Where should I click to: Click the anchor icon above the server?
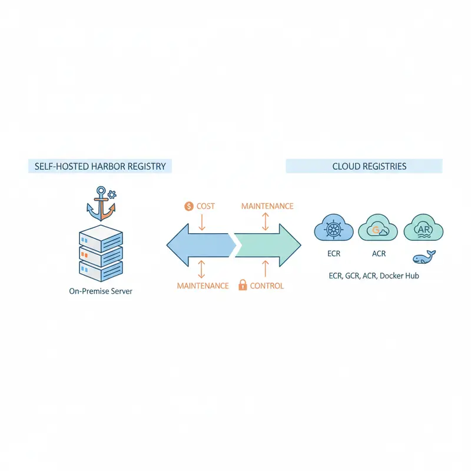click(x=100, y=203)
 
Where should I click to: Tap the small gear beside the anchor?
click(x=112, y=193)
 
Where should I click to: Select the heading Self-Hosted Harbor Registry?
click(x=99, y=167)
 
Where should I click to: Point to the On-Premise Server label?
click(x=101, y=291)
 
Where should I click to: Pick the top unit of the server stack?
click(x=100, y=237)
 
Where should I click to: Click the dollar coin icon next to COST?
click(x=188, y=206)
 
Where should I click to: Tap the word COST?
click(x=206, y=206)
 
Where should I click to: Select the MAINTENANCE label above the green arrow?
click(x=267, y=206)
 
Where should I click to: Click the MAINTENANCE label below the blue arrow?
click(x=203, y=286)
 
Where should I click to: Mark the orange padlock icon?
click(x=241, y=286)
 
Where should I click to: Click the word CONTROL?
click(x=267, y=286)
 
